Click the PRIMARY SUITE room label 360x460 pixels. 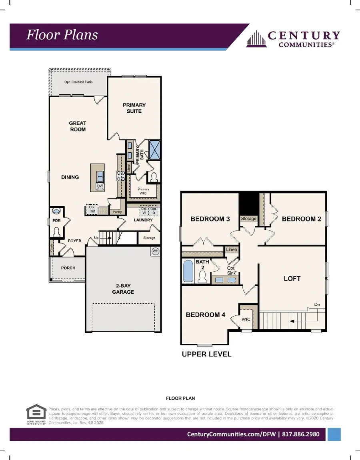pos(134,108)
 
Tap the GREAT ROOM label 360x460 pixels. pos(77,126)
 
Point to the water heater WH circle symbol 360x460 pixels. pos(155,251)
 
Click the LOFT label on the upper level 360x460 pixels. pos(292,279)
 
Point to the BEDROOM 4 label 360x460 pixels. pos(206,315)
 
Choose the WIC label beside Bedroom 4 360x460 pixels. pos(246,319)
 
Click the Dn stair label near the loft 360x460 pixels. pos(317,305)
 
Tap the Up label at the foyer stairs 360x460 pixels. pos(96,238)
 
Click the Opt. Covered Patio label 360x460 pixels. pos(78,82)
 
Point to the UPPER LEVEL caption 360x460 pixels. pos(206,354)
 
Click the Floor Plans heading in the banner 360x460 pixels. pos(62,35)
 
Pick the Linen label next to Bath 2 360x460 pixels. pos(232,249)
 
